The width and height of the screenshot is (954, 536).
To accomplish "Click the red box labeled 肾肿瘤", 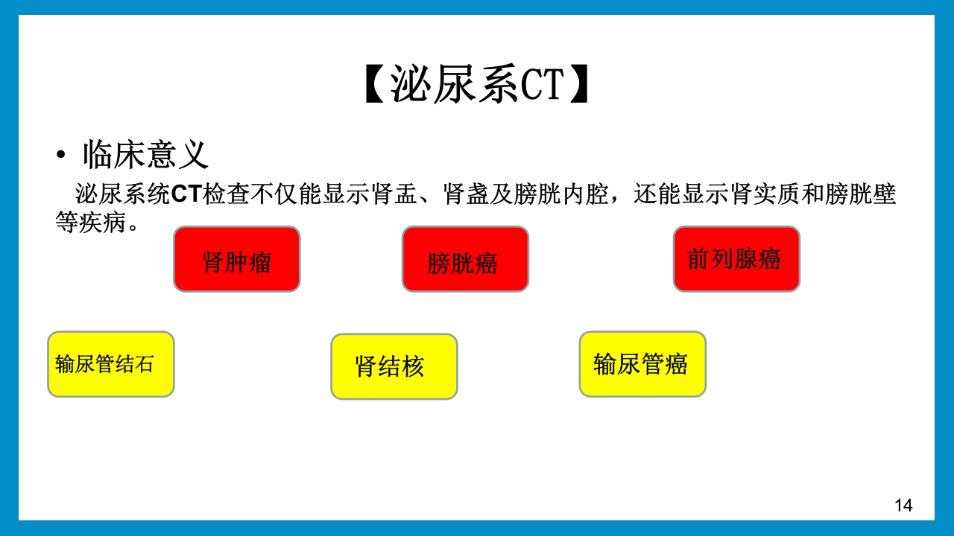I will click(x=237, y=259).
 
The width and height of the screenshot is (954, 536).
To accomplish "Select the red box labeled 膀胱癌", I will click(x=465, y=259).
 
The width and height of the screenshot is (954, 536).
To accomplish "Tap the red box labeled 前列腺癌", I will click(x=736, y=259).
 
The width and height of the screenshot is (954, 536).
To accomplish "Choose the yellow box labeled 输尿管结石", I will click(x=111, y=364).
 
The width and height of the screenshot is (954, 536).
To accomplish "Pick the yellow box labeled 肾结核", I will click(x=394, y=366).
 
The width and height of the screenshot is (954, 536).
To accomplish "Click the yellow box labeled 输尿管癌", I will click(x=642, y=364).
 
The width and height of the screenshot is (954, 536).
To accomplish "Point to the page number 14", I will click(x=903, y=506).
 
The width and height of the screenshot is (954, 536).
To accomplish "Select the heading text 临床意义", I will click(x=145, y=155).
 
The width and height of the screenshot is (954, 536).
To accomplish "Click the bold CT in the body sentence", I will click(x=186, y=194).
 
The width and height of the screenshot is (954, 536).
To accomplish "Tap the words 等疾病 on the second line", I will click(x=90, y=223).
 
